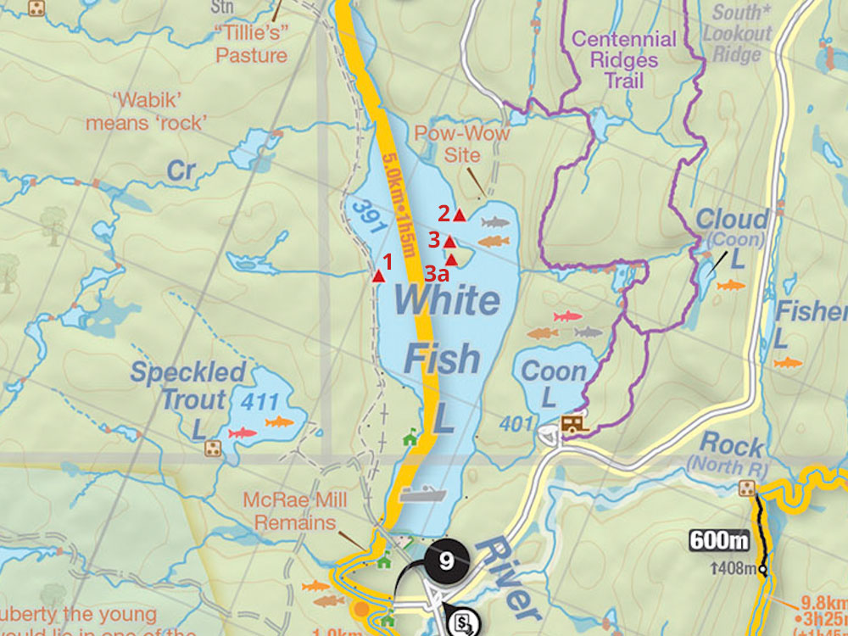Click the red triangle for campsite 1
point(378,276)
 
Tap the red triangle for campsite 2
point(460,215)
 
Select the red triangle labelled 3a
point(452,259)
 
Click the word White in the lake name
point(446,300)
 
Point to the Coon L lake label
point(553,382)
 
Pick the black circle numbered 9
point(447,561)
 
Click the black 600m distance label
point(719,540)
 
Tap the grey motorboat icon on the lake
point(422,494)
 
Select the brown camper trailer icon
point(575,423)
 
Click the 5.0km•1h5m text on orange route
point(399,204)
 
